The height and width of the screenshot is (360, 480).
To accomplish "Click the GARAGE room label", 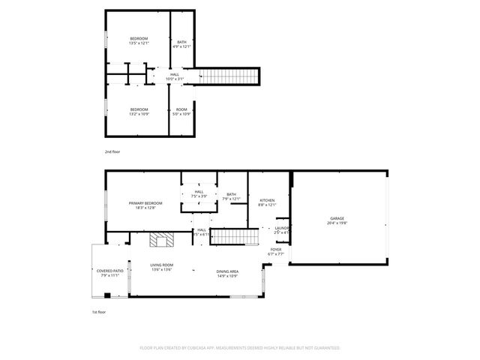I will tap(337, 218).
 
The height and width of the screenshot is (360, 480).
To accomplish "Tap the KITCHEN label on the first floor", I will tap(267, 200).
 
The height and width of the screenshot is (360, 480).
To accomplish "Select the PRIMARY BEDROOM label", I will tap(145, 203).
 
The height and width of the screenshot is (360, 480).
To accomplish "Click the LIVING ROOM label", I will tap(161, 265).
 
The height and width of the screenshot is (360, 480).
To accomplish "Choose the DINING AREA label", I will tap(227, 271).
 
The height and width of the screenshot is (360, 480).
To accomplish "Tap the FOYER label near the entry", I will tap(276, 249).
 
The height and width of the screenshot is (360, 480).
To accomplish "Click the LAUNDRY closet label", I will tap(282, 228).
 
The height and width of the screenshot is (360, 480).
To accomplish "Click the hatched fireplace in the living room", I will tap(159, 240).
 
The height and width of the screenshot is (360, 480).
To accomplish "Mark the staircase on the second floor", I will tap(228, 76).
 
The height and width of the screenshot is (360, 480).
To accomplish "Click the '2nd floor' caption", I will tap(112, 151).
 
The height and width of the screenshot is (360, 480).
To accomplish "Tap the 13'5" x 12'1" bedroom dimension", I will tap(139, 43).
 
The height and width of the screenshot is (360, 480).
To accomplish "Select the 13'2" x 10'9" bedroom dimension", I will tap(139, 114).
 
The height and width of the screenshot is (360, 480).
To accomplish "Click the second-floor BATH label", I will tap(181, 42).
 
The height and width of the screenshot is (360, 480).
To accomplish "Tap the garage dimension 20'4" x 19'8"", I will tap(337, 223).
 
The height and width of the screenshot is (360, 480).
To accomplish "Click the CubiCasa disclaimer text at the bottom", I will tap(240, 348).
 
